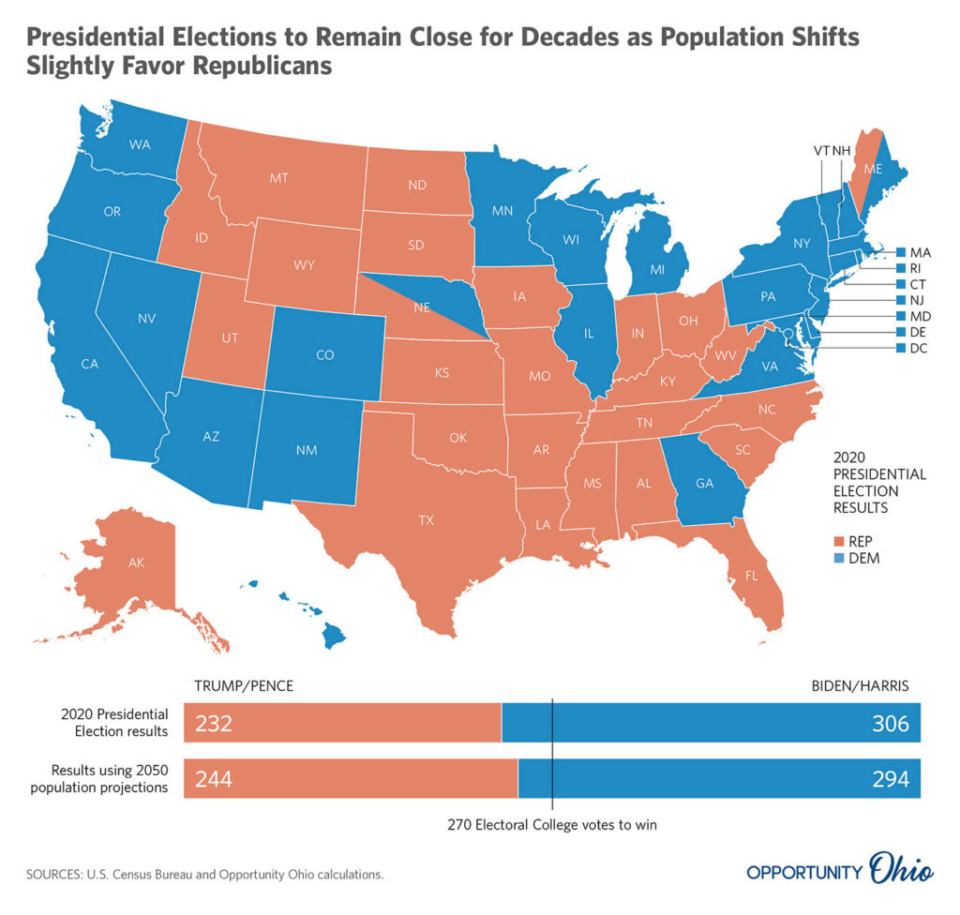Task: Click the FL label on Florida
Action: [751, 576]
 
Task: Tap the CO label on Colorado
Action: [325, 355]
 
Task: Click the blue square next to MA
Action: [901, 252]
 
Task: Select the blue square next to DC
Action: [901, 348]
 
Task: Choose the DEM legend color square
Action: [838, 559]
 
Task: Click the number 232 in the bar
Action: [213, 725]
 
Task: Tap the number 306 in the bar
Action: [892, 725]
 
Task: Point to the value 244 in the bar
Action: [213, 778]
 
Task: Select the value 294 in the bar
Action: [892, 778]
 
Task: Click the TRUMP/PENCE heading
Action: [244, 685]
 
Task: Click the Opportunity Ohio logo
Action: [840, 870]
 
